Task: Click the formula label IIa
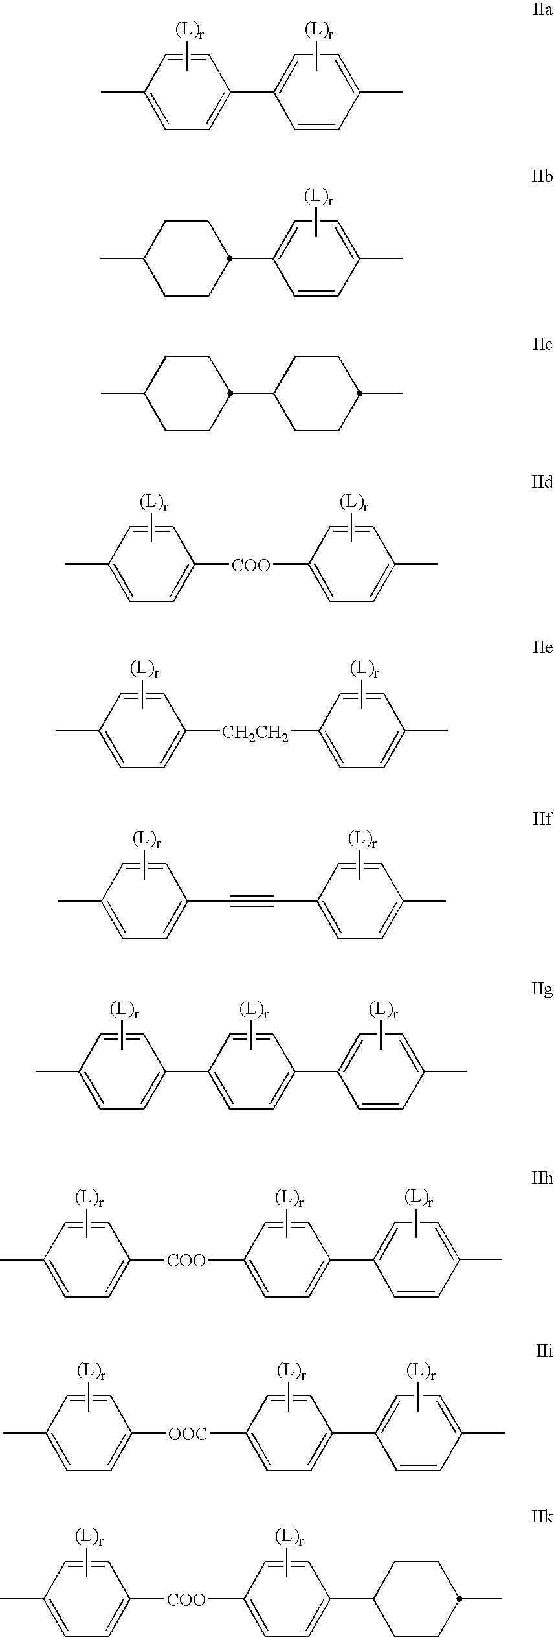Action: (542, 11)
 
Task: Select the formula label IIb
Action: (542, 177)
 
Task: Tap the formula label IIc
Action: (542, 344)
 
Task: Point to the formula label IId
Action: (542, 483)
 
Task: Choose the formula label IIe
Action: (542, 648)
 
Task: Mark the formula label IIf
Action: (542, 819)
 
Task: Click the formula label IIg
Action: (542, 990)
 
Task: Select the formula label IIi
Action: (544, 1351)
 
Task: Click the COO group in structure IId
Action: (251, 566)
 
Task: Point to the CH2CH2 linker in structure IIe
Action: (255, 733)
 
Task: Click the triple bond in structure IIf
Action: (252, 900)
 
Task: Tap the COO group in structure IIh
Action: (186, 1261)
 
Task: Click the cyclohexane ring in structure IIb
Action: (187, 258)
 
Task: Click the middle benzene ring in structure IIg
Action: (252, 1072)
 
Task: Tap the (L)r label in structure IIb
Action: (318, 196)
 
